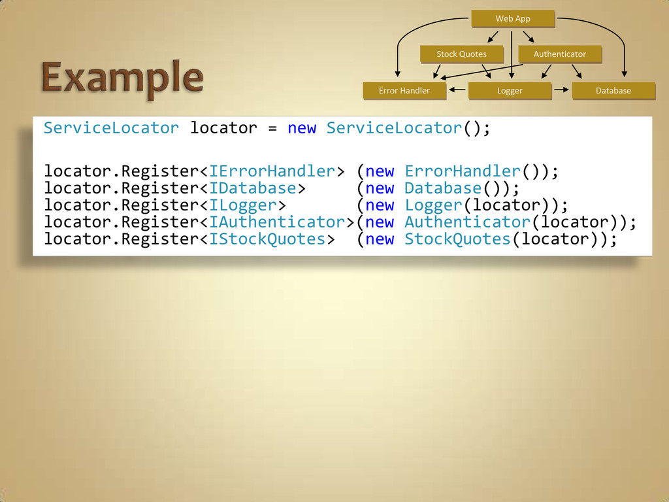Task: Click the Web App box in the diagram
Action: [513, 19]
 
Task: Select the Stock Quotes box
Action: [461, 54]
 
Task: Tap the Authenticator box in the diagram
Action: [559, 54]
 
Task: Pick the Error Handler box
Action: [404, 90]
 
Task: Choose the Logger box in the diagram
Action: [510, 90]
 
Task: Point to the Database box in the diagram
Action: [613, 90]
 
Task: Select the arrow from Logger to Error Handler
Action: [457, 90]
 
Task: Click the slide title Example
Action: [123, 79]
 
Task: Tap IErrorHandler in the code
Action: [272, 171]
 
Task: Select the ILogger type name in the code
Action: [243, 205]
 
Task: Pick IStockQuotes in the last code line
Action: [267, 239]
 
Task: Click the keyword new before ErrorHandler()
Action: [380, 171]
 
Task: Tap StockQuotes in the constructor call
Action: [457, 239]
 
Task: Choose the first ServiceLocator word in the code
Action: [111, 127]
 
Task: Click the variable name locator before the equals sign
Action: [223, 127]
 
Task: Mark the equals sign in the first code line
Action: [272, 127]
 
